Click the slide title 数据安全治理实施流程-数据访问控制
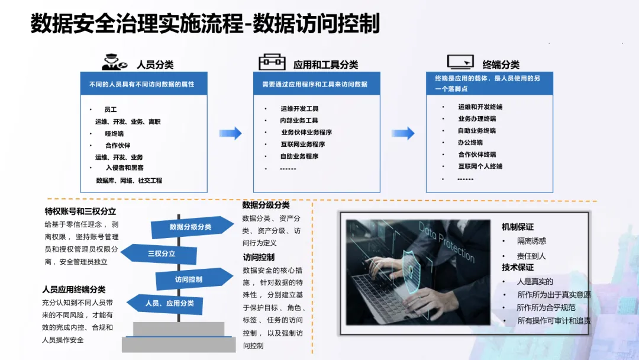[x=205, y=24]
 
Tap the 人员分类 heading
[x=154, y=65]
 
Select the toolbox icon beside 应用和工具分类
[x=272, y=62]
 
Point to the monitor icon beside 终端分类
[x=461, y=62]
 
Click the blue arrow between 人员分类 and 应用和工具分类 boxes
[x=230, y=133]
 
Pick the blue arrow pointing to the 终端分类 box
[x=403, y=133]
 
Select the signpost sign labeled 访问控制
[x=192, y=279]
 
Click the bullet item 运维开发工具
[x=299, y=109]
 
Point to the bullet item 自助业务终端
[x=476, y=131]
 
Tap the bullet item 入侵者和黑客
[x=124, y=168]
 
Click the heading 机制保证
[x=518, y=227]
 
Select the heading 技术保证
[x=518, y=268]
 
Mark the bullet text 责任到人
[x=531, y=256]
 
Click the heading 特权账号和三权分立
[x=80, y=211]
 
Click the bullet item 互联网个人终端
[x=480, y=166]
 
